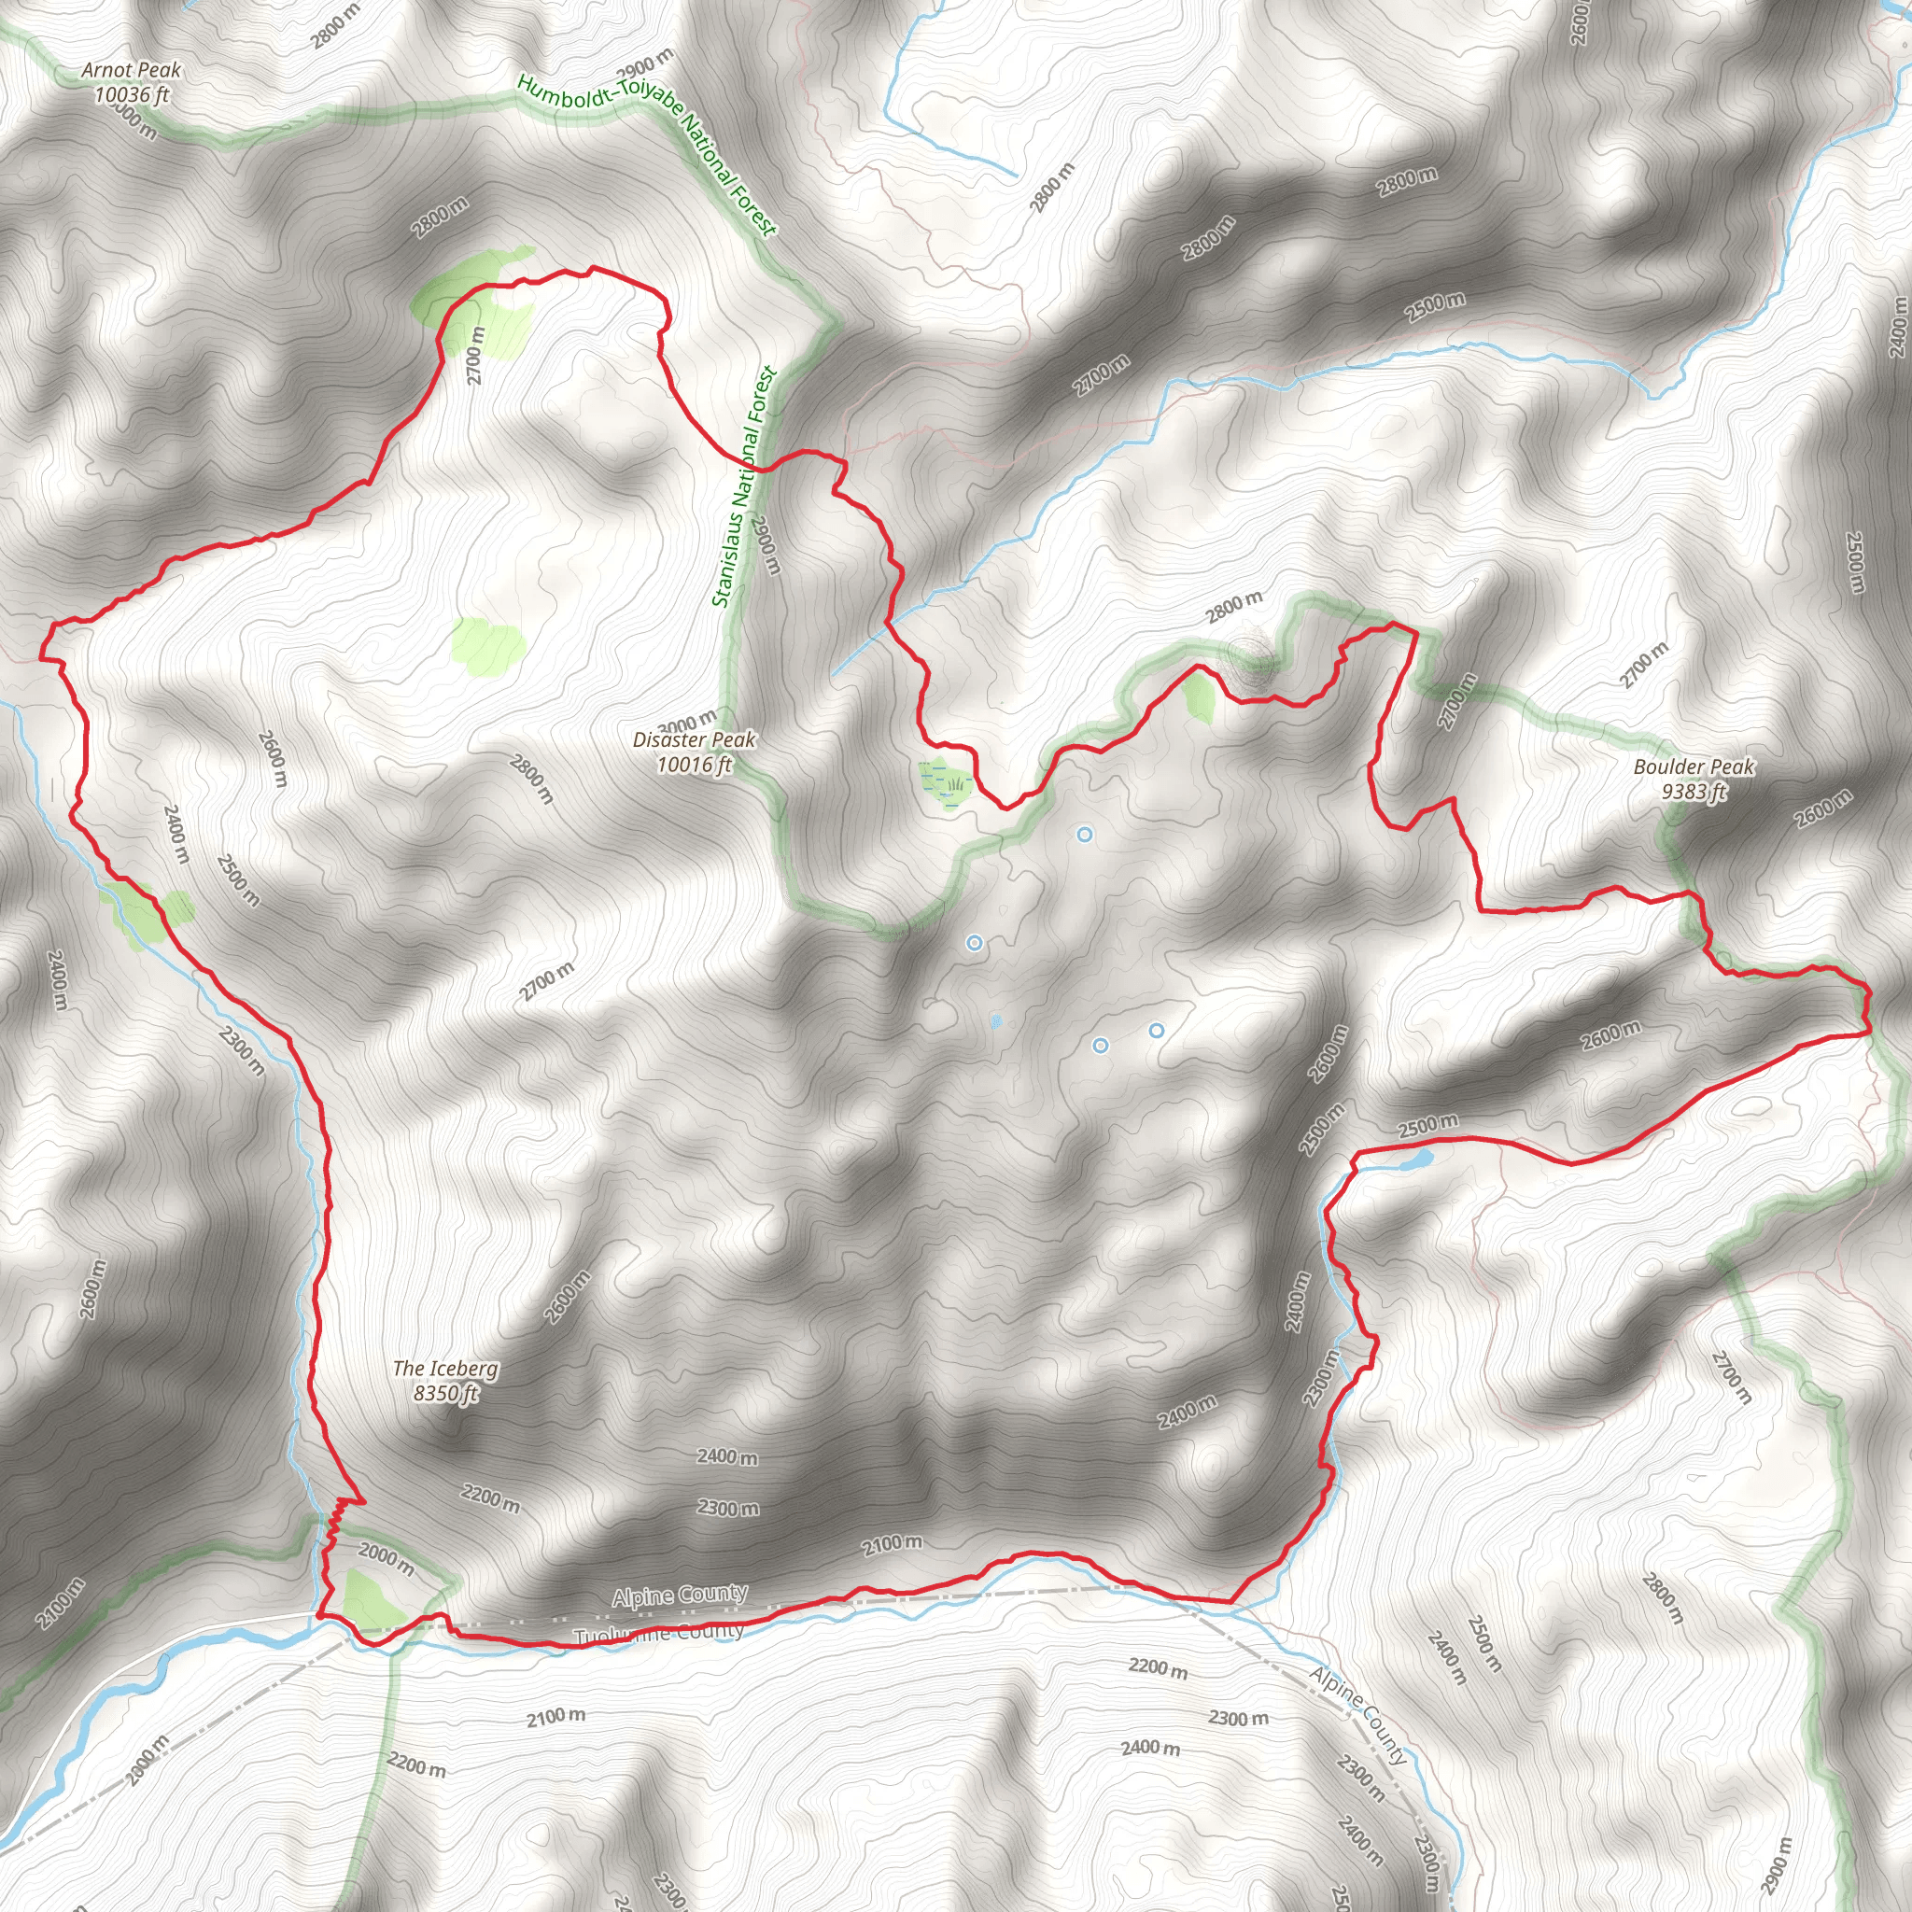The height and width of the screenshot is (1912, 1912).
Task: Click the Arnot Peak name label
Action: (x=132, y=70)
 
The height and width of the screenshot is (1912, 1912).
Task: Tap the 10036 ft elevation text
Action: (x=132, y=95)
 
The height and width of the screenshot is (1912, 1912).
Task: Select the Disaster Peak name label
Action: (x=694, y=739)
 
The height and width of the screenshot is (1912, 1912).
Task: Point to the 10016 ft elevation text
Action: (x=694, y=764)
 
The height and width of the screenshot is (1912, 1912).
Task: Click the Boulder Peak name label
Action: (x=1694, y=767)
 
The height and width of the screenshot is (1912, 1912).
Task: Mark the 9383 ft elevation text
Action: (x=1694, y=792)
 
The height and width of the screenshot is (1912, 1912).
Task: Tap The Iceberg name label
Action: (x=445, y=1369)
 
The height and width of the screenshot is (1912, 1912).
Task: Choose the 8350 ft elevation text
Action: (x=445, y=1394)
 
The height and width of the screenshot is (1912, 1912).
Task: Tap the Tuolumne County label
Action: (x=658, y=1634)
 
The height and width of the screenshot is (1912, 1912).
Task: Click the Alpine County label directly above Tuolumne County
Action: (x=680, y=1596)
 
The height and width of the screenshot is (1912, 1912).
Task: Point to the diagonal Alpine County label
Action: (x=1357, y=1716)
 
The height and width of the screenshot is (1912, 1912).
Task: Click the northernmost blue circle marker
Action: (x=1085, y=835)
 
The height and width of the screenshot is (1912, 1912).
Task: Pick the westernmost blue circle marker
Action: (x=974, y=943)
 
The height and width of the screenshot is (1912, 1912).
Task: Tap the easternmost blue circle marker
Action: (x=1156, y=1031)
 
